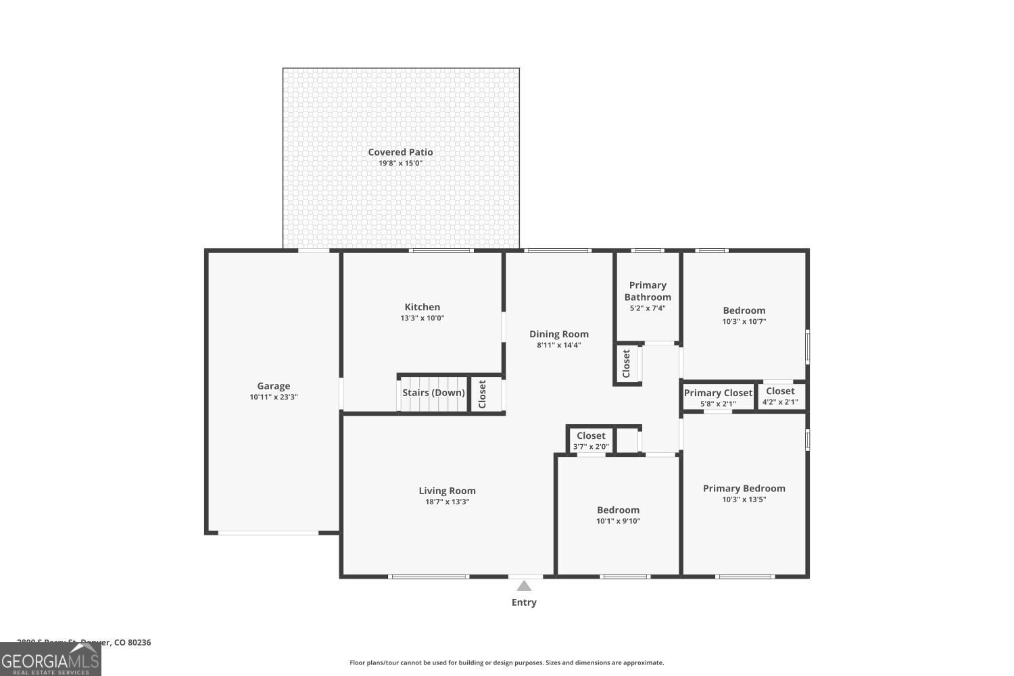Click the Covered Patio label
point(400,152)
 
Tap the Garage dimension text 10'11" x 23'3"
point(273,397)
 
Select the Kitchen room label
point(422,307)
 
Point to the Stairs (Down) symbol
point(433,393)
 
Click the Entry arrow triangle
point(524,586)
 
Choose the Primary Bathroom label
point(648,291)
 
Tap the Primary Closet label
point(718,393)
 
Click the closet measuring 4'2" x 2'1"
point(780,396)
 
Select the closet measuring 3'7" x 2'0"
point(591,441)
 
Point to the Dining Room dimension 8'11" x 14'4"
point(559,345)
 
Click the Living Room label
point(447,491)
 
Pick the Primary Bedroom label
point(744,488)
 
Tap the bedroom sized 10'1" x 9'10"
point(618,515)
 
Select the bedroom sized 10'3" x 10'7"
point(744,316)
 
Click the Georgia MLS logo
point(51,659)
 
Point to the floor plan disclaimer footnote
point(506,663)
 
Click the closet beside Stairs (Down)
point(483,394)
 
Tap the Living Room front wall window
point(429,577)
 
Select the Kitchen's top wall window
point(441,251)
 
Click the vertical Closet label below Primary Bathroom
point(626,364)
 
